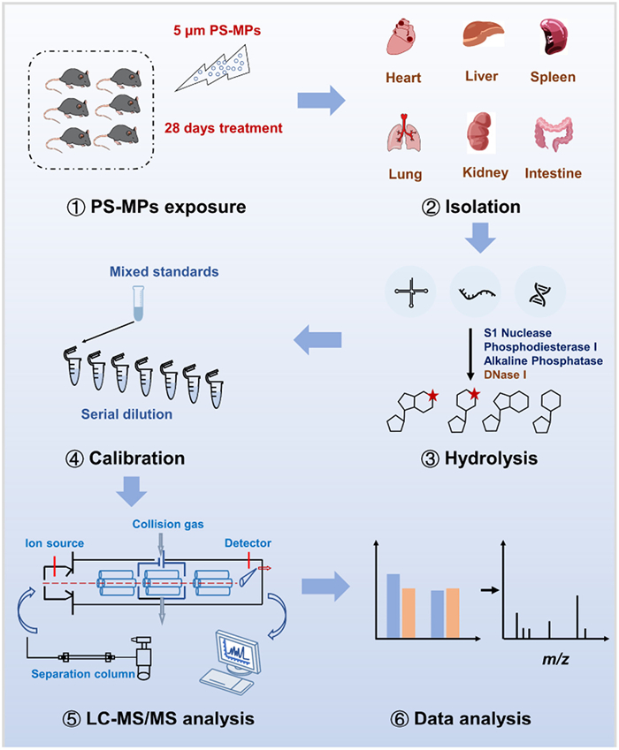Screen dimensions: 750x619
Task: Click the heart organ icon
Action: tap(405, 40)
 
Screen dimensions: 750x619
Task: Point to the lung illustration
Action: tap(404, 133)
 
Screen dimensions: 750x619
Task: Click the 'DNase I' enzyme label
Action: tap(508, 378)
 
